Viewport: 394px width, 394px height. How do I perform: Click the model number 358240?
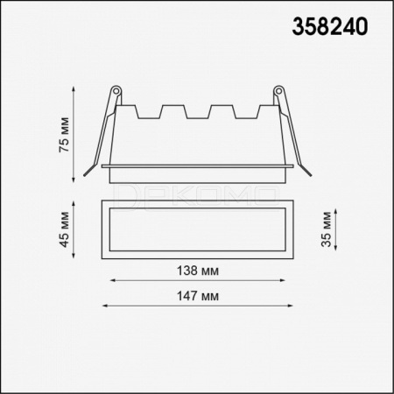tap(330, 26)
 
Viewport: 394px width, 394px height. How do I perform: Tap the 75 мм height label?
tap(64, 135)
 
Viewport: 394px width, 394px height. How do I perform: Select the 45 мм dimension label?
tap(64, 229)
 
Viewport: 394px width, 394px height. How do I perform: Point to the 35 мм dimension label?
tap(326, 229)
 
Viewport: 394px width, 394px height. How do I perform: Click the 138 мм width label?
tap(198, 271)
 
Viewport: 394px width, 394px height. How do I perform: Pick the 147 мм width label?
tap(198, 296)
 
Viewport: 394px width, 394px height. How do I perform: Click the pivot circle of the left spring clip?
tap(116, 90)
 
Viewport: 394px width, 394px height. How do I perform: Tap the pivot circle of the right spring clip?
tap(278, 90)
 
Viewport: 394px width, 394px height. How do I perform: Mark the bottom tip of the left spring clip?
tap(84, 175)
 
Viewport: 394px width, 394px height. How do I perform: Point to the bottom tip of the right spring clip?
tap(311, 175)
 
